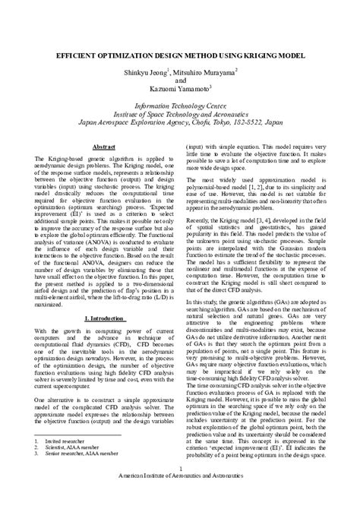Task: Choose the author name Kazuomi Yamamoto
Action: (178, 88)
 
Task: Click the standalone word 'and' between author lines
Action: (180, 79)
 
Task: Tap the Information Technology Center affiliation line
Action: (180, 106)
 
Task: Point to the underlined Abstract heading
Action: (103, 144)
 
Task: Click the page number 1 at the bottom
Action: (180, 488)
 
